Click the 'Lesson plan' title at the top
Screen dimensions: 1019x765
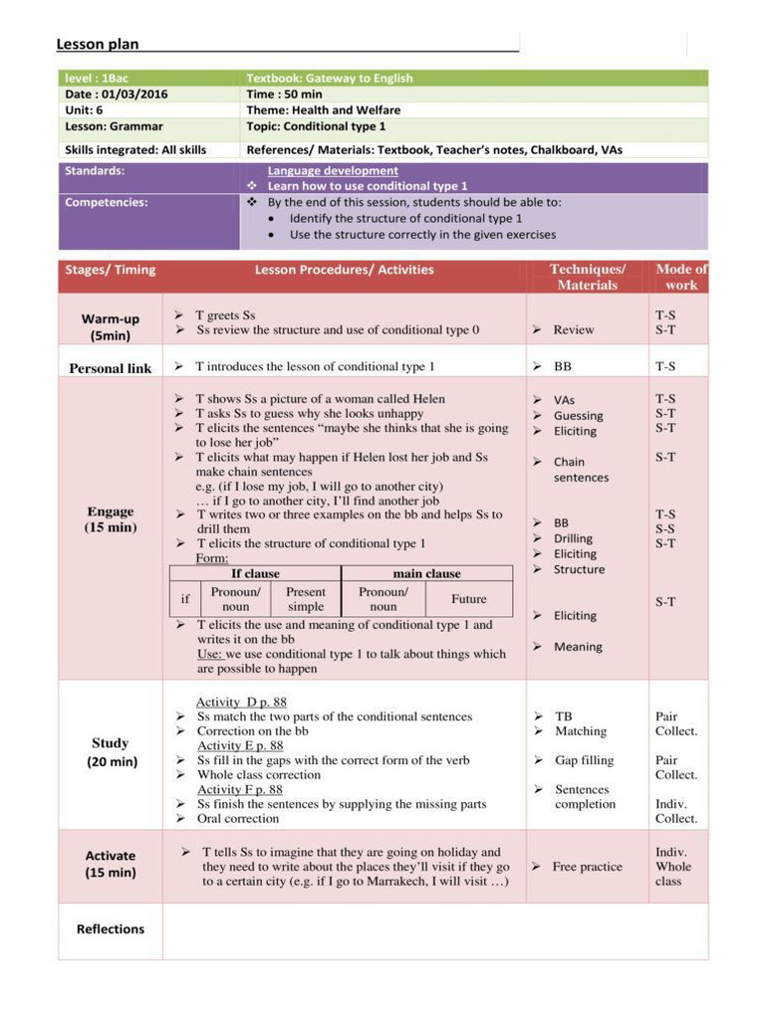click(98, 44)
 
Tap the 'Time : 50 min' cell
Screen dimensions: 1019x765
click(285, 95)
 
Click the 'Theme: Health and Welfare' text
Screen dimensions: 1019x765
click(324, 110)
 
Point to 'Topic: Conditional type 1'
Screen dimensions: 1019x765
click(316, 126)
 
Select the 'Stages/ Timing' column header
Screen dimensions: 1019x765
click(111, 270)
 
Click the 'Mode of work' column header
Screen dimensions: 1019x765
click(681, 277)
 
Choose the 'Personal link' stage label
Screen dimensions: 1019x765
click(111, 368)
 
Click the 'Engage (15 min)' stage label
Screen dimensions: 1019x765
click(111, 519)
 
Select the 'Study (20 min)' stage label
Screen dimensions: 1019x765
click(111, 752)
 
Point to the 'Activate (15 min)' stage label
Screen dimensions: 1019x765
click(111, 864)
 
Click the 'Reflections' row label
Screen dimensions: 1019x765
click(111, 929)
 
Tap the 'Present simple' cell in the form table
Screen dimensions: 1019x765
click(306, 599)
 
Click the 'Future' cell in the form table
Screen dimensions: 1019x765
click(468, 599)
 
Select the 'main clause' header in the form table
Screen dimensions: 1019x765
click(426, 573)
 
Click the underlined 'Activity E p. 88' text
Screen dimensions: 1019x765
click(240, 745)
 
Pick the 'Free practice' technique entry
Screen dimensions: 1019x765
click(587, 867)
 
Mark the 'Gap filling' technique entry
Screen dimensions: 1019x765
click(584, 760)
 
